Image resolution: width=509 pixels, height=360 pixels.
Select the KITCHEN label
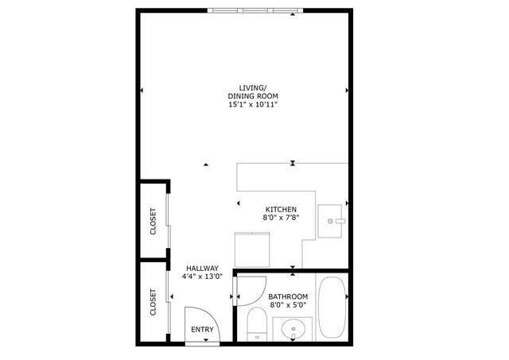pyautogui.click(x=281, y=210)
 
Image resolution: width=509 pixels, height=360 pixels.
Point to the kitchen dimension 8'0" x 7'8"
pyautogui.click(x=281, y=219)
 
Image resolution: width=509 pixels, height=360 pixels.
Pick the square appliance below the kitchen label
pyautogui.click(x=254, y=250)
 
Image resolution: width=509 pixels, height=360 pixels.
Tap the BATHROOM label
pyautogui.click(x=288, y=296)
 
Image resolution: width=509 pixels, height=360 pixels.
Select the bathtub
pyautogui.click(x=332, y=308)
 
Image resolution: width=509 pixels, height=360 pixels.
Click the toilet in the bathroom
pyautogui.click(x=256, y=324)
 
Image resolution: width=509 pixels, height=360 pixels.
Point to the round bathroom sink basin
pyautogui.click(x=293, y=327)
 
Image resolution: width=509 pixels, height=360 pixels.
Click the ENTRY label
pyautogui.click(x=202, y=330)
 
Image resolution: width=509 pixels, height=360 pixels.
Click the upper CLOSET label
pyautogui.click(x=153, y=222)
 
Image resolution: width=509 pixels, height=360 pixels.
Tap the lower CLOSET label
pyautogui.click(x=153, y=302)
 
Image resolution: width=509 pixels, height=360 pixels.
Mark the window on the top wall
pyautogui.click(x=256, y=10)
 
